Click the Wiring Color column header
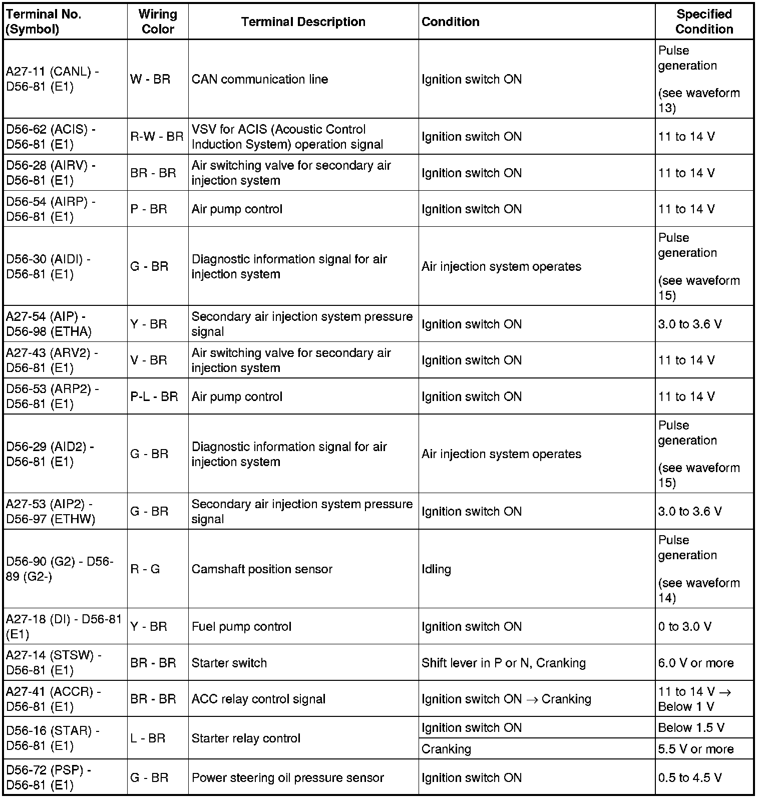click(x=158, y=22)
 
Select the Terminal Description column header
click(x=303, y=22)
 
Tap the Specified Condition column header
click(x=704, y=22)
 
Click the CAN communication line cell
click(x=260, y=79)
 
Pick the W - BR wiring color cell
click(x=150, y=79)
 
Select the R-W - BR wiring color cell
click(x=157, y=137)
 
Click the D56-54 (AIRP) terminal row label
click(x=51, y=209)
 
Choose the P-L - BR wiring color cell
click(x=154, y=396)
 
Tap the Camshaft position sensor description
click(x=262, y=569)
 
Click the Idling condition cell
click(x=436, y=569)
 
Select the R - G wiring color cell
click(x=145, y=569)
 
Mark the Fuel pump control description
click(x=241, y=626)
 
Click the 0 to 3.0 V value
click(x=685, y=626)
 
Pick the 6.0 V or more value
click(x=696, y=663)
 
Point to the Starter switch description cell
click(x=229, y=663)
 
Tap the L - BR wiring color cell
click(x=148, y=738)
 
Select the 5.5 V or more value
click(x=696, y=749)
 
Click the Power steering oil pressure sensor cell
click(x=288, y=777)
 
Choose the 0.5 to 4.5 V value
click(x=690, y=777)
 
